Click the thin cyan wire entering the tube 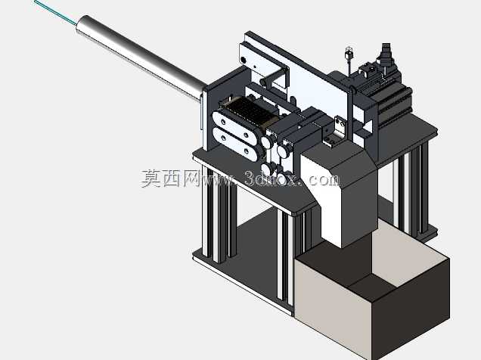(x=55, y=11)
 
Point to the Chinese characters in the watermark (x=170, y=178)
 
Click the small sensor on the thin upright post (x=349, y=54)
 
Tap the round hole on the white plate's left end (x=244, y=60)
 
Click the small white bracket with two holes (x=340, y=126)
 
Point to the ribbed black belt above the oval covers (x=249, y=113)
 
